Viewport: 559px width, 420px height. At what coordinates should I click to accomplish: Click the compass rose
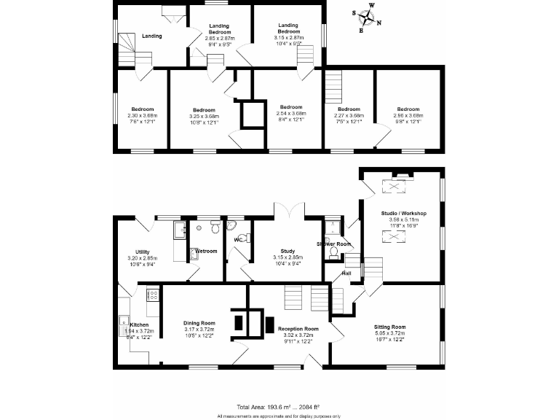pyautogui.click(x=365, y=17)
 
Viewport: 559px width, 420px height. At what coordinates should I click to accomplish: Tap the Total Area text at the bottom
pyautogui.click(x=279, y=407)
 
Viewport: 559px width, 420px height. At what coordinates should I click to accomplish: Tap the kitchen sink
pyautogui.click(x=123, y=321)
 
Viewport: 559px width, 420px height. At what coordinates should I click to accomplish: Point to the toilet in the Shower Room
pyautogui.click(x=333, y=252)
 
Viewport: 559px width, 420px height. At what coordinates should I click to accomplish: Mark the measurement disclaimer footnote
pyautogui.click(x=279, y=416)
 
